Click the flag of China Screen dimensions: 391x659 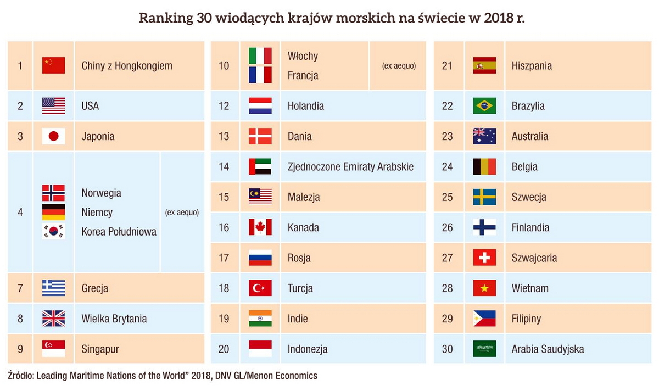[53, 65]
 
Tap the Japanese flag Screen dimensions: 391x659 [53, 136]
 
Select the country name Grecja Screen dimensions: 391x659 [94, 288]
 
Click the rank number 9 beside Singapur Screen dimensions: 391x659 [20, 349]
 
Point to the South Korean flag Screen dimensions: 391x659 [53, 231]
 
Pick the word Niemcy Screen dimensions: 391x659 [97, 213]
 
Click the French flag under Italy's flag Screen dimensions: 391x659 [260, 75]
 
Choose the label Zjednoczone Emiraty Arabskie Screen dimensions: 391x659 [350, 166]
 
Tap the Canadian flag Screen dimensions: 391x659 [260, 227]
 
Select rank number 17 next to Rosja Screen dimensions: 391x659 [224, 258]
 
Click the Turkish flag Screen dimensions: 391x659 [260, 288]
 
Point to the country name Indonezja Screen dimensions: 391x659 [308, 349]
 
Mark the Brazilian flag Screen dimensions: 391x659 [484, 106]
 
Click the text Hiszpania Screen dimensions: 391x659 [532, 65]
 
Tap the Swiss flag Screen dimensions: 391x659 [484, 258]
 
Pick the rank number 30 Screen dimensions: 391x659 [448, 349]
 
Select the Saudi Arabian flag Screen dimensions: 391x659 [484, 349]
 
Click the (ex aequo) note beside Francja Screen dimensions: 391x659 [399, 66]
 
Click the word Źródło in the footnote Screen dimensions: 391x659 [20, 376]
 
